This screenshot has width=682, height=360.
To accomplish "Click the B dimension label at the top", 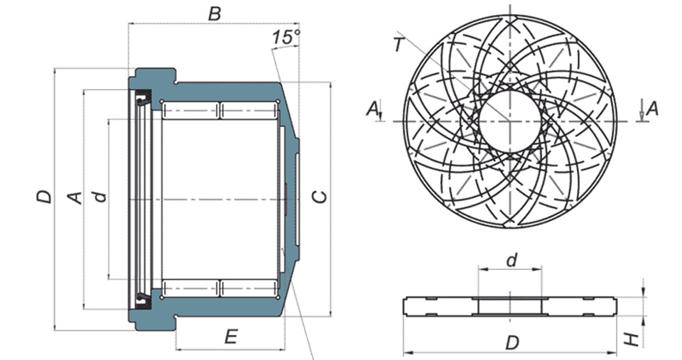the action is pos(215,13).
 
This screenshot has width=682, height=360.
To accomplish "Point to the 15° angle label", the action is pos(286,37).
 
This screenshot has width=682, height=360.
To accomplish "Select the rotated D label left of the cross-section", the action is pos(44,197).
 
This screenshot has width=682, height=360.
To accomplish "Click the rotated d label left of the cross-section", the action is pos(100,197).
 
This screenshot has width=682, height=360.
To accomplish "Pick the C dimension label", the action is pos(320,197).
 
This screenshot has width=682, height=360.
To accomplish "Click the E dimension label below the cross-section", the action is pos(231,337).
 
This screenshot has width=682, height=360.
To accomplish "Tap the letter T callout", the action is pos(399,45).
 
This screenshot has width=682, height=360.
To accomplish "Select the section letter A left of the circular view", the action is pos(372,108).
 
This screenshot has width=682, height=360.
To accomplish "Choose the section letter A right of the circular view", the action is pos(651,108).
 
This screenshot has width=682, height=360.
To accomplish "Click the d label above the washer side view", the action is pos(512,261).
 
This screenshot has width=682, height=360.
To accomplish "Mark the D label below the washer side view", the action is pos(512,343).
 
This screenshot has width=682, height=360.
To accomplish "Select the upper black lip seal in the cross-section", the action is pos(142,98).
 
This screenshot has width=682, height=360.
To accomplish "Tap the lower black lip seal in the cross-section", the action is pos(142,300).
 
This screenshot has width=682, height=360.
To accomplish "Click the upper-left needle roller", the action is pos(190,111).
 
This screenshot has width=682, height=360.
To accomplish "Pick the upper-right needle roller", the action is pos(249,111).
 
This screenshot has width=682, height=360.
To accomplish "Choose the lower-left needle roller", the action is pos(190,288).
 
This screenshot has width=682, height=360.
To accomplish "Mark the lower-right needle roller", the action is pos(249,288).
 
